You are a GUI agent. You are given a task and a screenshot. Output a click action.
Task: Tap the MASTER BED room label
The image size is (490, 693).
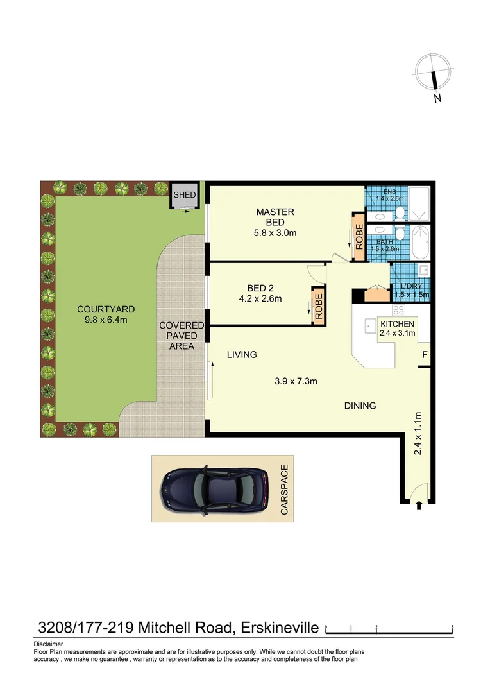click(x=275, y=217)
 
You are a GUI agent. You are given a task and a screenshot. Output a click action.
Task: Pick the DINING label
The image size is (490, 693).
click(x=360, y=406)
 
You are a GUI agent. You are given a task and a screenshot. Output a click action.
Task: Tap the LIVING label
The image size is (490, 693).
click(x=242, y=354)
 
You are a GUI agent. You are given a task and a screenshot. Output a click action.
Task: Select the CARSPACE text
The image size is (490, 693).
click(x=285, y=490)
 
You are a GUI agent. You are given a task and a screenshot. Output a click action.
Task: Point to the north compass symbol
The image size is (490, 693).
click(x=435, y=72)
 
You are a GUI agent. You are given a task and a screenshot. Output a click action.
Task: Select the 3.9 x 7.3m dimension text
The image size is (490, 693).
click(x=296, y=382)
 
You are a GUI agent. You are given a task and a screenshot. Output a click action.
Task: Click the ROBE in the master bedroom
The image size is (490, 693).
click(x=359, y=237)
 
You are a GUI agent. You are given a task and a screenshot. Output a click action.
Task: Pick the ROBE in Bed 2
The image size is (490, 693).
click(x=318, y=307)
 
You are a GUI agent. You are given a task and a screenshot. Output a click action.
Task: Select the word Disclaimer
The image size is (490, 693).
click(x=48, y=644)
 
